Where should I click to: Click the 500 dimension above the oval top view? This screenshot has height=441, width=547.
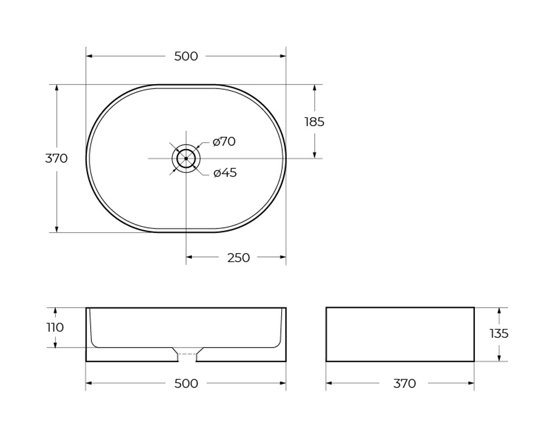pos(186,56)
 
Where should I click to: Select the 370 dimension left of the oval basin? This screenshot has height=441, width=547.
pos(56,158)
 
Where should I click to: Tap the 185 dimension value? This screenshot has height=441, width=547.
pos(315,122)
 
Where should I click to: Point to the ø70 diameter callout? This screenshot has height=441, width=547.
pos(224,142)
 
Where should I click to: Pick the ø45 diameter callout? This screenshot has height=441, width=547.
pos(225,173)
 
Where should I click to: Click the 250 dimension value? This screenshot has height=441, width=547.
pos(238,257)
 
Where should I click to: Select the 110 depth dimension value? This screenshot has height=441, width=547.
pos(55,327)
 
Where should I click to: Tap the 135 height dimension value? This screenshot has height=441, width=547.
pos(499,333)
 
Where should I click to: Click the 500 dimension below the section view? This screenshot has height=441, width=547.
pos(186,384)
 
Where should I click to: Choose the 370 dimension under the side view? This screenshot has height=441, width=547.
pos(404,384)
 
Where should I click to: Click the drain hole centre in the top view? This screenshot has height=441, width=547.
pos(186,158)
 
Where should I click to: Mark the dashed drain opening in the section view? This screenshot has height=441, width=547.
pos(187,355)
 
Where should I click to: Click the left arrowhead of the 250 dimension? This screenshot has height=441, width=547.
pos(190,257)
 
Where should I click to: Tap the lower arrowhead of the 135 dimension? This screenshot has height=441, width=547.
pos(499,357)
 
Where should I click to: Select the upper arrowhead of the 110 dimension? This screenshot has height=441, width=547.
pos(55,311)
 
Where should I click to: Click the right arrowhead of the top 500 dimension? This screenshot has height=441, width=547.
pos(282,56)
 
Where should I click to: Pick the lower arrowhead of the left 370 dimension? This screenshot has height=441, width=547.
pos(56,228)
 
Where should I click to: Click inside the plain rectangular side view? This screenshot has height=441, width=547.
pos(400,334)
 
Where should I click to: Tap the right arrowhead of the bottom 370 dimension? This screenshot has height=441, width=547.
pos(470,383)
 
